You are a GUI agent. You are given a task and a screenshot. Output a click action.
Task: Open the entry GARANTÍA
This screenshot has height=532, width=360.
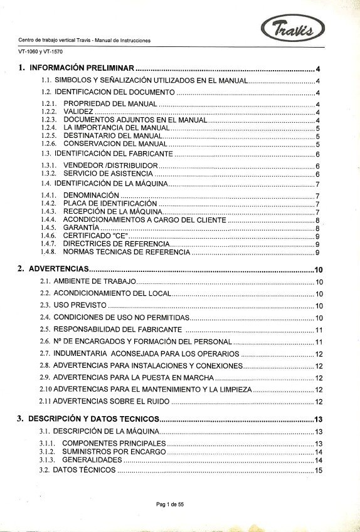click(x=82, y=228)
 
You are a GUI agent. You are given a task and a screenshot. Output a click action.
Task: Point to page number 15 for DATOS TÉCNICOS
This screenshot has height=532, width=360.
click(x=319, y=470)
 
